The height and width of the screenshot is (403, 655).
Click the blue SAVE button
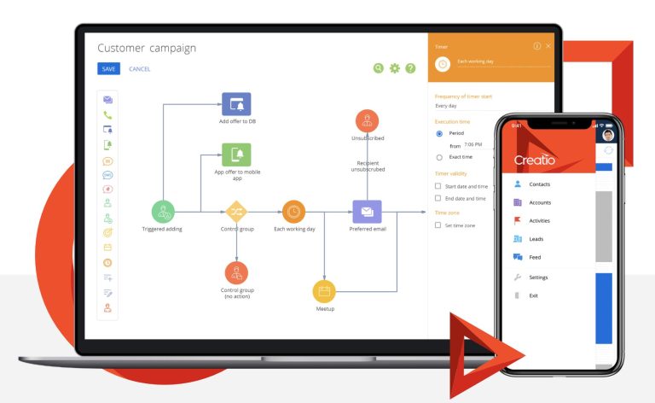[108, 69]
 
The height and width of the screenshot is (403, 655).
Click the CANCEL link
[139, 69]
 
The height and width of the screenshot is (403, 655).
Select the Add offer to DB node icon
[236, 104]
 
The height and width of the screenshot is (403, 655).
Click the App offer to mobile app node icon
[236, 155]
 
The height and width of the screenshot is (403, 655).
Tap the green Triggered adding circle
[164, 212]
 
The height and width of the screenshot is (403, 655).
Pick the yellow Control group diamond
[236, 212]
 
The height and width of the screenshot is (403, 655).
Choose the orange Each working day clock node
[293, 212]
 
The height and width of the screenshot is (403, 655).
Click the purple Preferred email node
[367, 212]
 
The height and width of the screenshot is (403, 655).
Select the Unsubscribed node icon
[367, 120]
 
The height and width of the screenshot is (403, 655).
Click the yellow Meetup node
[324, 291]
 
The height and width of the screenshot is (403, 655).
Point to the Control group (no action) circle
[236, 272]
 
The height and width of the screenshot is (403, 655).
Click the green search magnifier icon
[379, 68]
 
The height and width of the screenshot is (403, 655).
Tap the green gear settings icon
[394, 68]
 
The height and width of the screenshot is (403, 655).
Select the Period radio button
[439, 134]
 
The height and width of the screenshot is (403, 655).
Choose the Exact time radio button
[439, 157]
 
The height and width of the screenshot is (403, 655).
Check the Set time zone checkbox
[438, 225]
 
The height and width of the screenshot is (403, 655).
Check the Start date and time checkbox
[438, 185]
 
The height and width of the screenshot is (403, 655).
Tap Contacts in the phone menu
[539, 184]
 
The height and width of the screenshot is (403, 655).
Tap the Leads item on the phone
[536, 239]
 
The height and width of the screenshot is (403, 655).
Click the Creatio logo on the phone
[535, 160]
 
